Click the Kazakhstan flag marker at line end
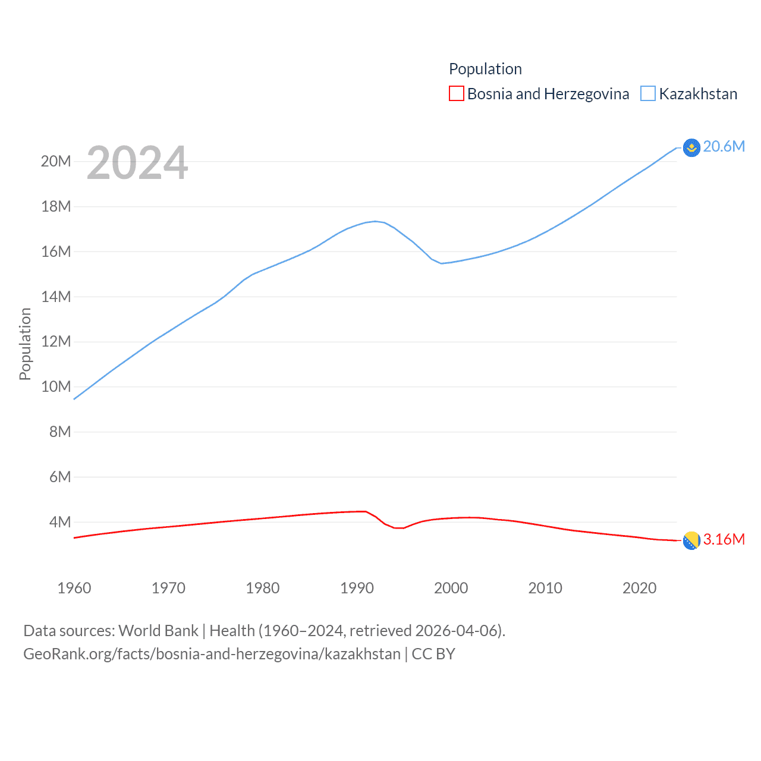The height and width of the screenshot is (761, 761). coord(691,147)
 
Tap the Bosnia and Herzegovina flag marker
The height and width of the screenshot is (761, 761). coord(691,540)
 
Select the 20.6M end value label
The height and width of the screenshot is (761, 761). coord(724,147)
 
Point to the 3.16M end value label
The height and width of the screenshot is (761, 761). coord(724,539)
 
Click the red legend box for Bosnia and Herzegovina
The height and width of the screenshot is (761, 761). coord(456,94)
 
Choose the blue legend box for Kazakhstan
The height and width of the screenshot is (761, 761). coord(647,94)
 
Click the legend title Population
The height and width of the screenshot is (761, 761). coord(485,69)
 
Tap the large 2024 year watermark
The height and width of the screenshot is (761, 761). coord(137,163)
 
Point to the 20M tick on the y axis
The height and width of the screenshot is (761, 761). coord(56,161)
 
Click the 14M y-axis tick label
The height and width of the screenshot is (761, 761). coord(56,297)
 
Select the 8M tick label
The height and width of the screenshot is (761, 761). coord(59,432)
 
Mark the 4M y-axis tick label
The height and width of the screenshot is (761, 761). coord(59,522)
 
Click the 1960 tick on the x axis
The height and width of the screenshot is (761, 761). coord(74,588)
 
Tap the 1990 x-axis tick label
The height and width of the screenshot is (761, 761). coord(357,588)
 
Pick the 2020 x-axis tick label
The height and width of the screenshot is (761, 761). coord(639,588)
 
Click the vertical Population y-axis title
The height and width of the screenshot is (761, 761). coord(25,344)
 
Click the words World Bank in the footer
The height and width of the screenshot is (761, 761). coord(158,630)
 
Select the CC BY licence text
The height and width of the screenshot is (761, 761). coord(433,654)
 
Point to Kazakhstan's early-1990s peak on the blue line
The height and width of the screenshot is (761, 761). coord(375,221)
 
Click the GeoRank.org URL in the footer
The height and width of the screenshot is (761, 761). coord(212,654)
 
